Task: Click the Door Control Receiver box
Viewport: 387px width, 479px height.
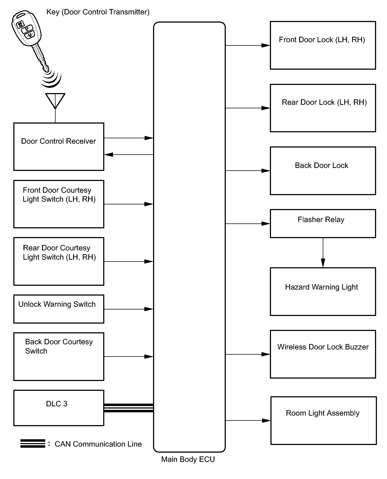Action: click(59, 147)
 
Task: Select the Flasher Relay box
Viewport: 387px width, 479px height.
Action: click(323, 223)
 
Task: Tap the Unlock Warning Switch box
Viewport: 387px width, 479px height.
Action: click(59, 309)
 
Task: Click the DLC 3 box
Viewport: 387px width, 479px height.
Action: click(59, 408)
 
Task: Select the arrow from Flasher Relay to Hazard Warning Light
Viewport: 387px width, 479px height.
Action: click(323, 253)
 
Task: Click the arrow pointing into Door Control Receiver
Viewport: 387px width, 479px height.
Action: click(129, 155)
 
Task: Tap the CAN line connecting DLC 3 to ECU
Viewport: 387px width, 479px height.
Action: click(129, 408)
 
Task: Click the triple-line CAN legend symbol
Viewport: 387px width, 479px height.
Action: click(33, 443)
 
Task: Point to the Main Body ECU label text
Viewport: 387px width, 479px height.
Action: click(188, 459)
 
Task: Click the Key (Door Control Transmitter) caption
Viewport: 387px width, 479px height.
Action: click(98, 12)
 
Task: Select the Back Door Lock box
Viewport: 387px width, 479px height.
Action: click(323, 171)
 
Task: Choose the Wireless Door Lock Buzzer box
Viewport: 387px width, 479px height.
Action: click(323, 354)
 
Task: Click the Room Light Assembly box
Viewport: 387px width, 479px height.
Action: click(323, 420)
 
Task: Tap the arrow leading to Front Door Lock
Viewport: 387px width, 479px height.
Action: click(248, 45)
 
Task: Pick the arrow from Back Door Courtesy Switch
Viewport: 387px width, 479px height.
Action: click(129, 357)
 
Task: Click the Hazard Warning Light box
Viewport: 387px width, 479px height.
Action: click(323, 291)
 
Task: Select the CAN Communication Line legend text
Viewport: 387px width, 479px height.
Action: click(98, 444)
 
